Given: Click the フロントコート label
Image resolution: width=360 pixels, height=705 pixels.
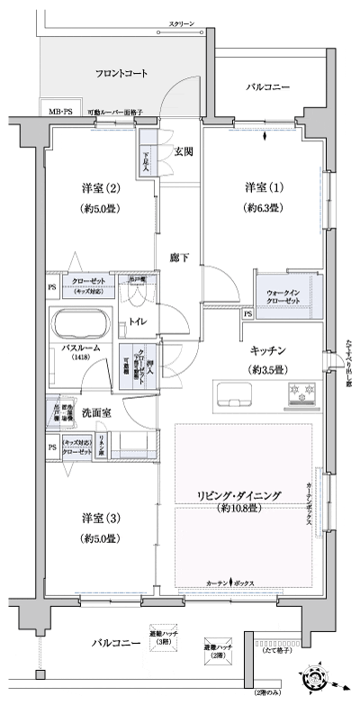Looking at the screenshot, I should (121, 72).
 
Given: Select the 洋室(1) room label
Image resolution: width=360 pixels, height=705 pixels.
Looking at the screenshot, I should (264, 187).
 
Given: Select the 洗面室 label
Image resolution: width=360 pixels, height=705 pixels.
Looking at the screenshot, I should (96, 412).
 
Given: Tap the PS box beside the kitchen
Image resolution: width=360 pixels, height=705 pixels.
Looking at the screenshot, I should (247, 314).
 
